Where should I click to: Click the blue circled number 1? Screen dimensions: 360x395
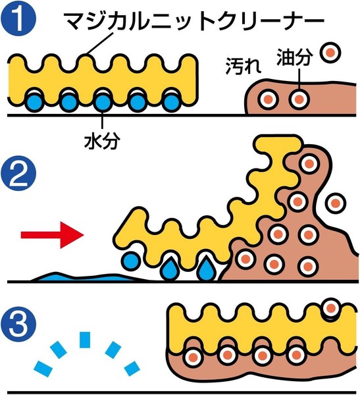18,18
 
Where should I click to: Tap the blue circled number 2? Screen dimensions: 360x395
18,173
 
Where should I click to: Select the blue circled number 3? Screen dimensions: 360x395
18,324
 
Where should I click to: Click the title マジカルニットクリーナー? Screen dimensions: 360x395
194,21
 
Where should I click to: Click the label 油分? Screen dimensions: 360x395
294,57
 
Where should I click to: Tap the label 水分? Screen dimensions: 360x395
102,141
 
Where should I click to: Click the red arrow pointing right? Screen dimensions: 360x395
52,235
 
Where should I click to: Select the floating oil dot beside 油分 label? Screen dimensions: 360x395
330,53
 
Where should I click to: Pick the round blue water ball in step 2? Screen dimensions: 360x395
131,261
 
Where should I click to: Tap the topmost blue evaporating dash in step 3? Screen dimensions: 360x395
85,340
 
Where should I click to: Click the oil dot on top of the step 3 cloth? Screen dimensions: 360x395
331,308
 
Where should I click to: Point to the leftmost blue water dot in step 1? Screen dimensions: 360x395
34,102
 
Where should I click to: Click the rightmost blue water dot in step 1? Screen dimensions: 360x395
171,102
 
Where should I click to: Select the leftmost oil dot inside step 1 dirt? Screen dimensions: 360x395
268,99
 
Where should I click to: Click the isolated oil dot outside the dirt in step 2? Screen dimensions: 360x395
335,203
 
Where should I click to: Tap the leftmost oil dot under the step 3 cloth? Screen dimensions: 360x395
193,357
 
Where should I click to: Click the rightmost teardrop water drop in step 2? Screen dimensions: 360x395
206,269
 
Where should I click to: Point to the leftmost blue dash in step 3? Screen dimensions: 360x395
43,369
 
